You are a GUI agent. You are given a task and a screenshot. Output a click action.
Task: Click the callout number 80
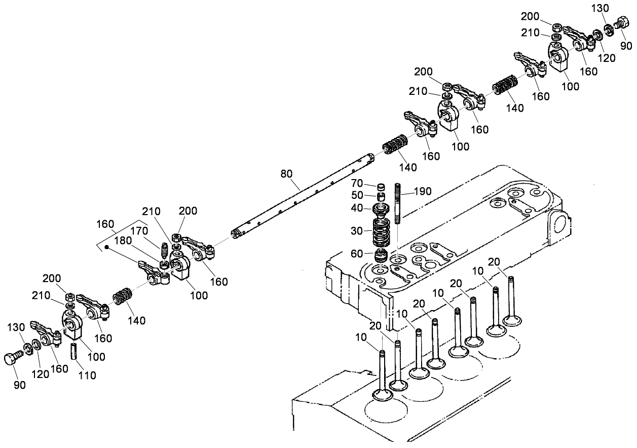click(x=286, y=174)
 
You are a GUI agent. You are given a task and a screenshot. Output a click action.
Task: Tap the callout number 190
click(x=423, y=191)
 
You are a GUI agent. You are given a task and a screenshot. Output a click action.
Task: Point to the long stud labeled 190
click(x=397, y=203)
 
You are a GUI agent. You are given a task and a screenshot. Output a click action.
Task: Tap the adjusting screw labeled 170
click(x=164, y=250)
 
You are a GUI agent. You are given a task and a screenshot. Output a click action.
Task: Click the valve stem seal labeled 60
click(x=381, y=254)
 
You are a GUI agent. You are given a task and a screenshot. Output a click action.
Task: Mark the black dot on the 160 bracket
click(x=107, y=247)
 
